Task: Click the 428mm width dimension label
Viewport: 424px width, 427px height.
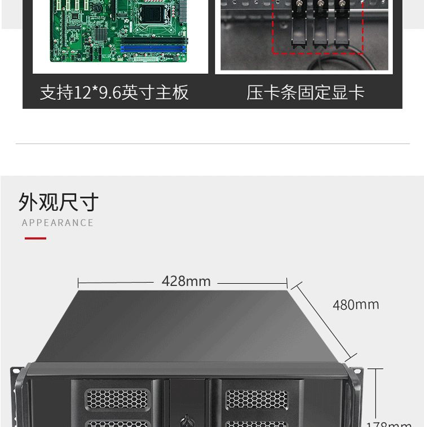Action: (x=186, y=281)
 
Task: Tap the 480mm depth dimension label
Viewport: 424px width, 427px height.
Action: (x=356, y=305)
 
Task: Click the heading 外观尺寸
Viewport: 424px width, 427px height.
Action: (x=59, y=202)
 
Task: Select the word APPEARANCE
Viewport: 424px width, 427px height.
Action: (x=58, y=223)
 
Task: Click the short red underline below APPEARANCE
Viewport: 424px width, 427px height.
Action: (x=36, y=239)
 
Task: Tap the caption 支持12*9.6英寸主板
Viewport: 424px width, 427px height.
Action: (x=114, y=93)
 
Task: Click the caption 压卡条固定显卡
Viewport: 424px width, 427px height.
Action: (x=306, y=93)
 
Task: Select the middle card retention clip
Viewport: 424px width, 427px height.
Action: (x=320, y=25)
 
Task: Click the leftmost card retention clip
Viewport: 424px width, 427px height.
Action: (x=298, y=25)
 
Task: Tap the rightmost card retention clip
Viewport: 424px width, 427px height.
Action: (x=341, y=25)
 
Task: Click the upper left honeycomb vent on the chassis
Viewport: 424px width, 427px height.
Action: (x=118, y=399)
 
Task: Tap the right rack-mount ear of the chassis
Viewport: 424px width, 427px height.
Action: (x=355, y=395)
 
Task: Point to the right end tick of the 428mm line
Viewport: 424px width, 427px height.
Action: (x=288, y=281)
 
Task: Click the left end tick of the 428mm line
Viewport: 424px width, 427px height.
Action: (x=78, y=281)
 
